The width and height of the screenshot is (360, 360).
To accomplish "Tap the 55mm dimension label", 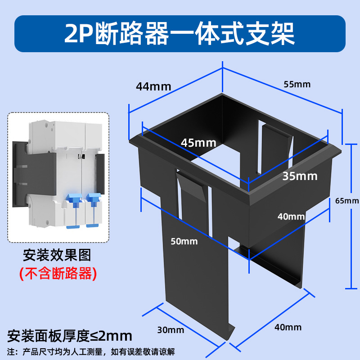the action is point(297,84).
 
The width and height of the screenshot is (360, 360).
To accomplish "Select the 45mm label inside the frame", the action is point(198,143).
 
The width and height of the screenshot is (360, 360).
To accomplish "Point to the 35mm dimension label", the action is point(300,175).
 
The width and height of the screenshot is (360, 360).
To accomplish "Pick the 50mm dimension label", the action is point(184,241).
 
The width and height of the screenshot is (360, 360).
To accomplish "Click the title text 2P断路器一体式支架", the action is point(180,34).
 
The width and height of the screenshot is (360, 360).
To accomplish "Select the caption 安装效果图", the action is point(57,256).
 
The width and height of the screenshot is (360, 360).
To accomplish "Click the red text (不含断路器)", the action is point(57,273).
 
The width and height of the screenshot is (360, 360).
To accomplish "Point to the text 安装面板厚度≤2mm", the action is point(70,336).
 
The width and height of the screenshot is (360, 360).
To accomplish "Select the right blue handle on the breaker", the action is point(93,201).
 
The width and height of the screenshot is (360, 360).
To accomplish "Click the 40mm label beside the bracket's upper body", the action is point(291,216).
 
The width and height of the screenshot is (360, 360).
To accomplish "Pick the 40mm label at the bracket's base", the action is point(288,327).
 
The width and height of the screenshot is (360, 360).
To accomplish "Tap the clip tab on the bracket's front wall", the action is point(193,191).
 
